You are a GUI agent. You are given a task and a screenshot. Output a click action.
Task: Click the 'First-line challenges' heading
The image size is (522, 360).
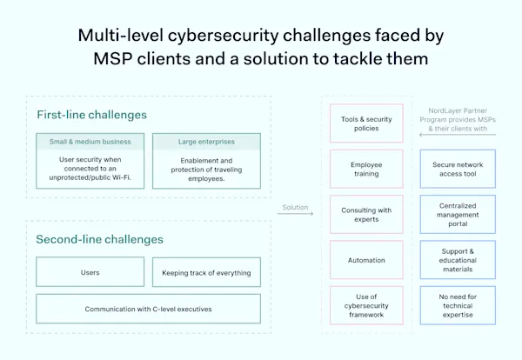pyautogui.click(x=91, y=115)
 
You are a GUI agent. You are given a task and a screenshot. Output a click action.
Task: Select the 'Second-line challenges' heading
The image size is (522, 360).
pyautogui.click(x=99, y=239)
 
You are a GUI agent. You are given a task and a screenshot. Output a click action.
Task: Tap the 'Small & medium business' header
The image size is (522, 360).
pyautogui.click(x=90, y=141)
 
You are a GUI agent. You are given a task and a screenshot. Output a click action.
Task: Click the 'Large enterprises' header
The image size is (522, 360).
pyautogui.click(x=205, y=141)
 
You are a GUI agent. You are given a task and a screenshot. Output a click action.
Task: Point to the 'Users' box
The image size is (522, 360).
pyautogui.click(x=90, y=272)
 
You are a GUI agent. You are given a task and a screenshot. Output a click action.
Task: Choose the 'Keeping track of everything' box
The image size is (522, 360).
pyautogui.click(x=206, y=272)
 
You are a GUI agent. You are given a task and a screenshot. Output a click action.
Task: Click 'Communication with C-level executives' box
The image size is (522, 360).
pyautogui.click(x=148, y=308)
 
